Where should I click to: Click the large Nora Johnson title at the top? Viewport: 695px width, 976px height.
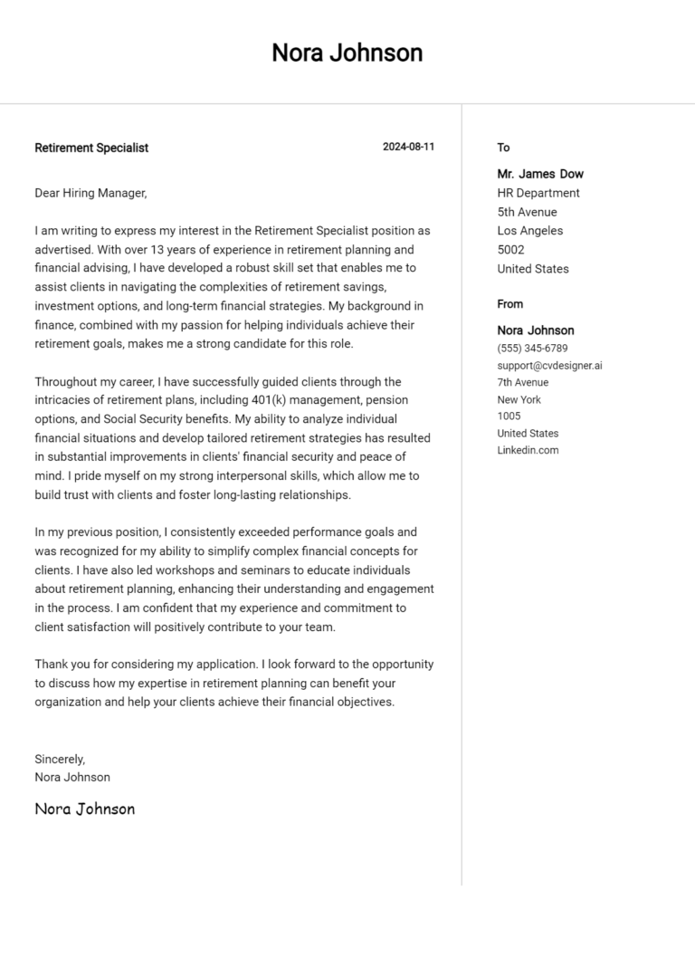[347, 53]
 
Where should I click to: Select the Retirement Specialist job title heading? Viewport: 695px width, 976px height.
[91, 148]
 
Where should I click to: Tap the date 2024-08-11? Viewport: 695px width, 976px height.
[408, 147]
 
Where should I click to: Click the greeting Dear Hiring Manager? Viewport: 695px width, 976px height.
[90, 193]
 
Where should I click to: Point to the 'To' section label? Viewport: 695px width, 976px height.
[503, 148]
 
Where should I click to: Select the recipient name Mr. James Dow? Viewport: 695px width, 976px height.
[540, 174]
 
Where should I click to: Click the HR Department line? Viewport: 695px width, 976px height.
[538, 193]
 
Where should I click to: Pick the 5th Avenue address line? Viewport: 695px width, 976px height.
[527, 212]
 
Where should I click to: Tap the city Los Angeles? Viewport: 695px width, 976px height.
[529, 231]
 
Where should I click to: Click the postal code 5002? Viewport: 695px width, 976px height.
[510, 250]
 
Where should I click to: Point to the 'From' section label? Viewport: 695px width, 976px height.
[509, 304]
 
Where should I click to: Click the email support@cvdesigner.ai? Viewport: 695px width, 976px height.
[549, 366]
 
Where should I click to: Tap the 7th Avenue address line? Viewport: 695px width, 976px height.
[522, 382]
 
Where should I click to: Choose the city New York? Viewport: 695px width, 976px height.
[519, 399]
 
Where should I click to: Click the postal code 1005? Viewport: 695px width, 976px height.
[509, 416]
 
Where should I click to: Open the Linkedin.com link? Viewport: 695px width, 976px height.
[528, 450]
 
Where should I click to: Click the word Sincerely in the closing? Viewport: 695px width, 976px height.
[60, 759]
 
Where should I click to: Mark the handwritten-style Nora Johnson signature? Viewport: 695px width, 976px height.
[84, 809]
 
